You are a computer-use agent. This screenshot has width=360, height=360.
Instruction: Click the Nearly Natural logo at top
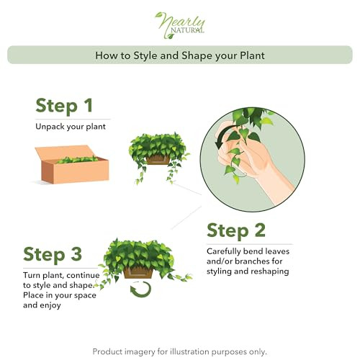[180, 23]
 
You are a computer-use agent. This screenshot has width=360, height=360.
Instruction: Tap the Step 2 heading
[236, 230]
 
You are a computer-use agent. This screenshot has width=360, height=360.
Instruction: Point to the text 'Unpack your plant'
[71, 127]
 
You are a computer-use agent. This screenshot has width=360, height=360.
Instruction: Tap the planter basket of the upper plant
[158, 160]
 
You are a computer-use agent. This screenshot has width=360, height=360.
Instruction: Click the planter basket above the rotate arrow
[138, 272]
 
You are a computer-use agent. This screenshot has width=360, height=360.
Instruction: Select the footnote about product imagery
[180, 351]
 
